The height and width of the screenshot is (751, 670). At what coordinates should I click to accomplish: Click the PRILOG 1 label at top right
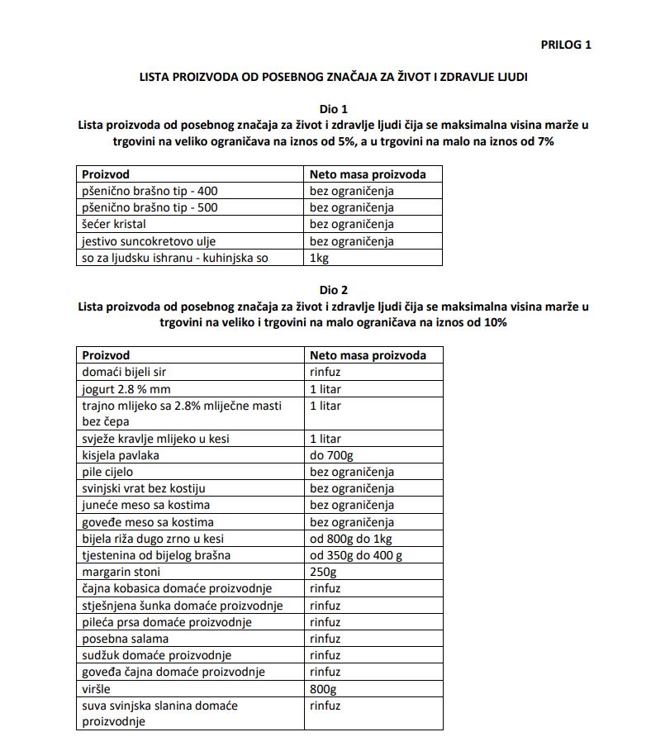pos(566,45)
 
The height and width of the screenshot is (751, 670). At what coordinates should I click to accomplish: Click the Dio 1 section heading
pos(334,109)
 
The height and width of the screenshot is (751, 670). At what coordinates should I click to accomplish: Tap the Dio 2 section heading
pos(334,290)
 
